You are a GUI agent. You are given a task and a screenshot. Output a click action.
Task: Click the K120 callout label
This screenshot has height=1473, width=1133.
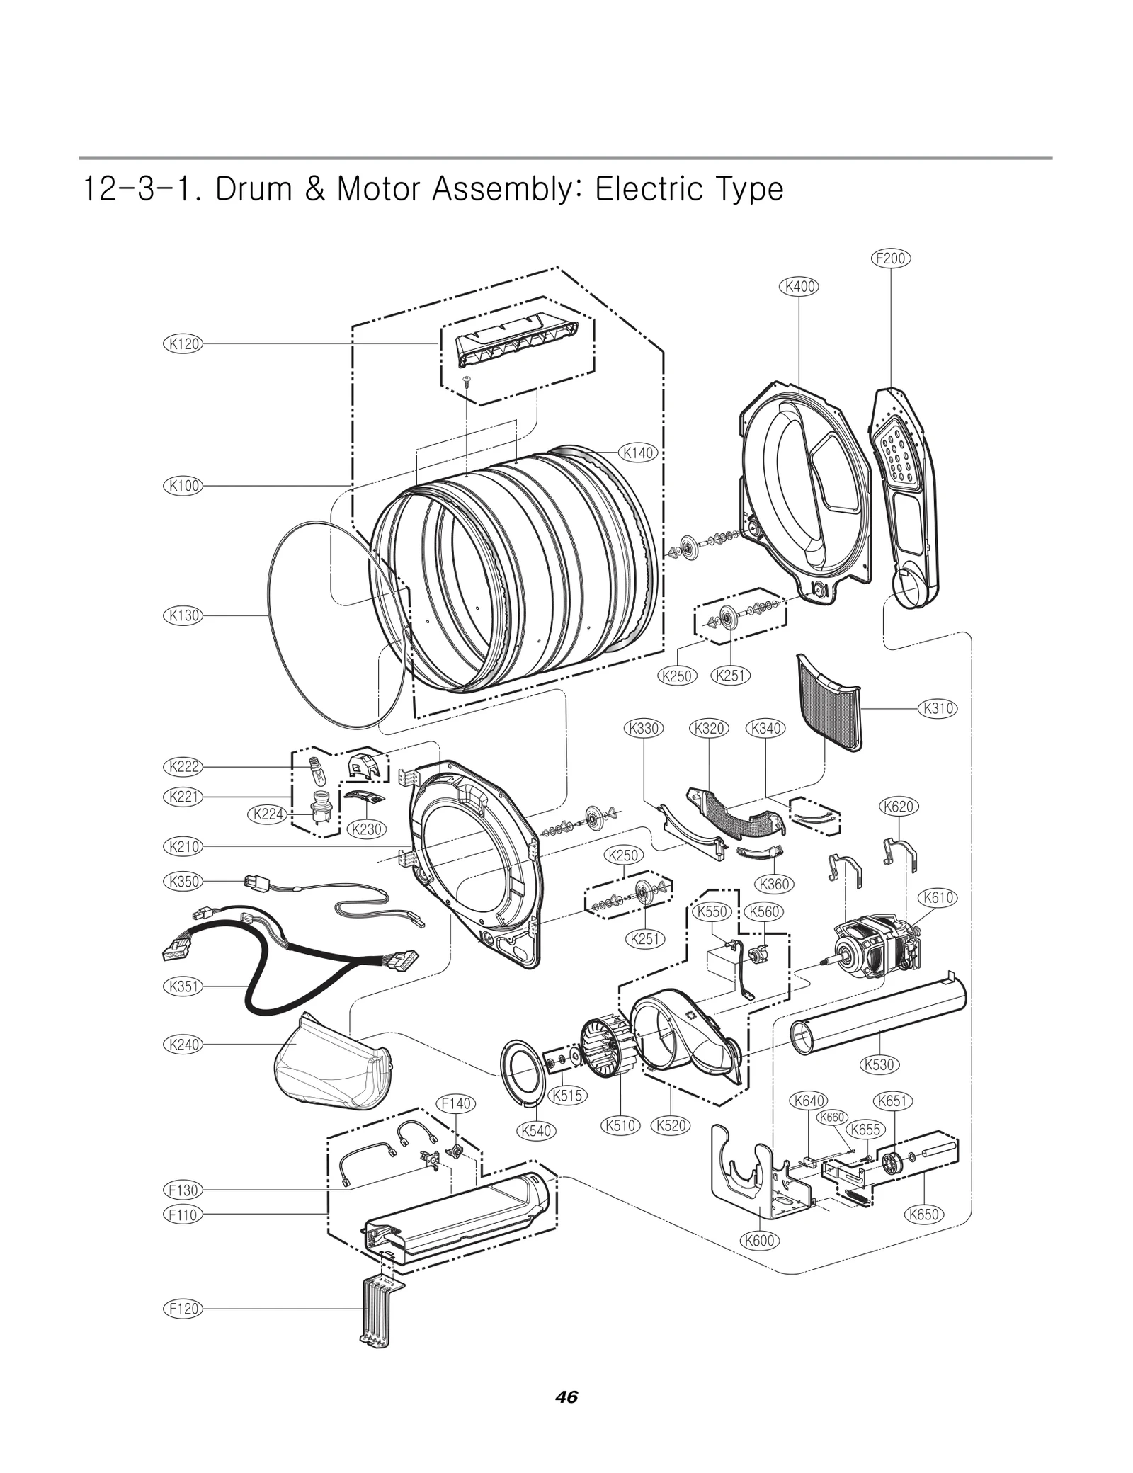pyautogui.click(x=183, y=344)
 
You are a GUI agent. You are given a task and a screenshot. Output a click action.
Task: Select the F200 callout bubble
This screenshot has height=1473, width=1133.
pyautogui.click(x=890, y=258)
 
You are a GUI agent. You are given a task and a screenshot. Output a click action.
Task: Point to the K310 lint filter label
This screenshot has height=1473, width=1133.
pyautogui.click(x=938, y=708)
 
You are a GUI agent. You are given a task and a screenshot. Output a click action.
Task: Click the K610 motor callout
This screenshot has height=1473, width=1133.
pyautogui.click(x=938, y=898)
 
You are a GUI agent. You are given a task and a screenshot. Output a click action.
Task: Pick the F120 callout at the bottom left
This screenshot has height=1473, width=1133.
pyautogui.click(x=183, y=1309)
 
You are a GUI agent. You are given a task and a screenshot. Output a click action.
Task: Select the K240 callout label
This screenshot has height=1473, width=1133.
pyautogui.click(x=183, y=1045)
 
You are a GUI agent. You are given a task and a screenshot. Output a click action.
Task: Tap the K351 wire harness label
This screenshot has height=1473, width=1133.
pyautogui.click(x=183, y=986)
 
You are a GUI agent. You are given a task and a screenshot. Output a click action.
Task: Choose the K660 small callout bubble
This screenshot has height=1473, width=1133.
pyautogui.click(x=832, y=1117)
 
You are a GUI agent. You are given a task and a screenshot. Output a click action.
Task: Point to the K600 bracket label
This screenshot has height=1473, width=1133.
pyautogui.click(x=760, y=1241)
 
